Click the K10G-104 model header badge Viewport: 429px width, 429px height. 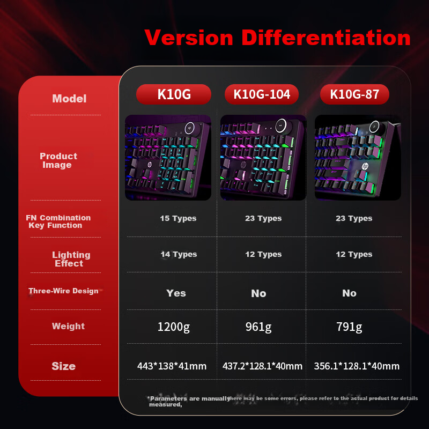coord(262,94)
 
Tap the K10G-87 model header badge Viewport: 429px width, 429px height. coord(354,94)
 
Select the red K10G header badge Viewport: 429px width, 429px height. coord(174,94)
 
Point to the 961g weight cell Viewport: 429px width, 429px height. coord(258,327)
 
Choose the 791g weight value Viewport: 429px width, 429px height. coord(349,327)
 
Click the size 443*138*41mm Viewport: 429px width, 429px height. coord(172,366)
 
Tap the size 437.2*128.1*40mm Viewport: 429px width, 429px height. coord(262,366)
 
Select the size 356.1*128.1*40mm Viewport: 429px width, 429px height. coord(357,366)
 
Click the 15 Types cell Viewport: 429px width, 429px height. coord(178,218)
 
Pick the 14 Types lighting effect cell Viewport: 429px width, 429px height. coord(179,254)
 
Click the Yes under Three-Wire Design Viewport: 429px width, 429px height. coord(176,293)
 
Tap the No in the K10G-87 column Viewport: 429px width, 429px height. coord(349,293)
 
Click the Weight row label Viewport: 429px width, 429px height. coord(68,326)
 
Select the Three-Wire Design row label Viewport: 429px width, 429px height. coord(63,291)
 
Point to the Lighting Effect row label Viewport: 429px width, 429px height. coord(70,259)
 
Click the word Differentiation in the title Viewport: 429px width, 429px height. coord(326,38)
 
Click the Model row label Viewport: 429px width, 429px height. coord(69,99)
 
